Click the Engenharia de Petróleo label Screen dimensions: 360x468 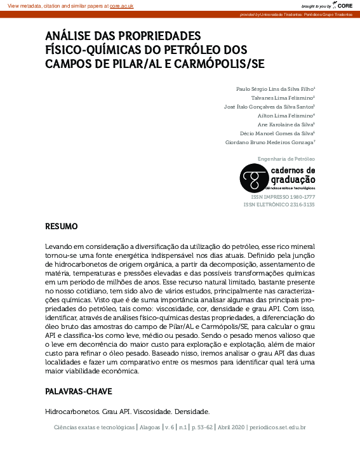click(x=286, y=158)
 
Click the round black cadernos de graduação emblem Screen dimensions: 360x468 click(x=252, y=176)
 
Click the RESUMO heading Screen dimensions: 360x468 click(x=62, y=226)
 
